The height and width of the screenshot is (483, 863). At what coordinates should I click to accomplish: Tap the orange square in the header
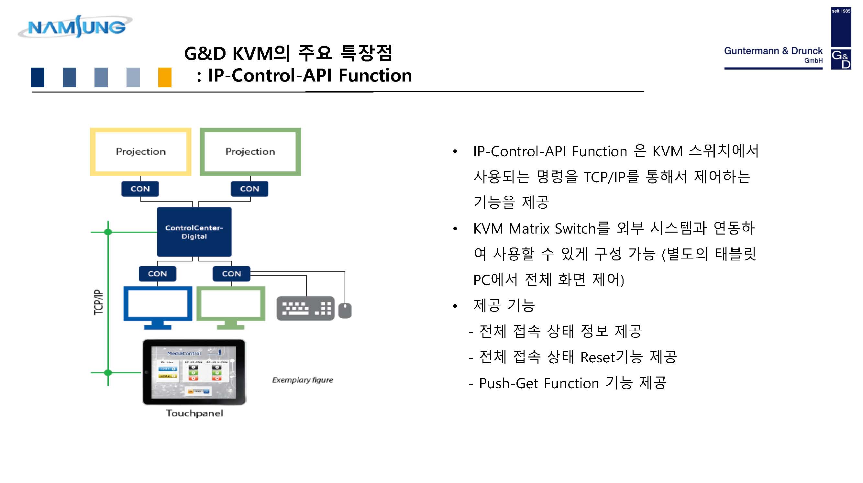(x=164, y=77)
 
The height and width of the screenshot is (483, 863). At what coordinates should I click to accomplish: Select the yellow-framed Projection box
(x=141, y=151)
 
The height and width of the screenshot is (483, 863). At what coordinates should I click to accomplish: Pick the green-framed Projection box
(x=250, y=151)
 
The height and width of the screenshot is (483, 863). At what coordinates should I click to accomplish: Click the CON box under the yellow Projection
(x=140, y=189)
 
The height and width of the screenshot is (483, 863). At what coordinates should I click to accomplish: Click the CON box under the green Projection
(x=249, y=189)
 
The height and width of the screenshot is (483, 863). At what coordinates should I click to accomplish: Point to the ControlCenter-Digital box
(x=194, y=232)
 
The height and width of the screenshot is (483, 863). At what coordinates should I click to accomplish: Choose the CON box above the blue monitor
(x=158, y=274)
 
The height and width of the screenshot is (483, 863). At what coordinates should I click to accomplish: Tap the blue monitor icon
(x=158, y=306)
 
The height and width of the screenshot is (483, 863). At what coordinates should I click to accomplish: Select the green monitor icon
(x=231, y=306)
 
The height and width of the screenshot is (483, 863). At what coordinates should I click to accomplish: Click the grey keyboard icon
(x=305, y=308)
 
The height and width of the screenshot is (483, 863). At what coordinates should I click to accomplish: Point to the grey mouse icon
(x=345, y=310)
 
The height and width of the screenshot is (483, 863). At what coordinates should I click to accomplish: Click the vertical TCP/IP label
(x=98, y=302)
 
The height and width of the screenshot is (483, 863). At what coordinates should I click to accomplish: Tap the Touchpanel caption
(x=195, y=413)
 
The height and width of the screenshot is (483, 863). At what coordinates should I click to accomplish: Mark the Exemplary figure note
(x=303, y=380)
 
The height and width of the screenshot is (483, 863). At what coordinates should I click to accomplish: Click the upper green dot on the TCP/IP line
(x=108, y=232)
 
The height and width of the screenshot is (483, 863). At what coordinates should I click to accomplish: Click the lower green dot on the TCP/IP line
(x=108, y=372)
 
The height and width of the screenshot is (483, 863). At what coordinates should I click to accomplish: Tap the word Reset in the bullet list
(x=598, y=357)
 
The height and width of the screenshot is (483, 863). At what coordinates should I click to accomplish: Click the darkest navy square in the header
(x=38, y=77)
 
